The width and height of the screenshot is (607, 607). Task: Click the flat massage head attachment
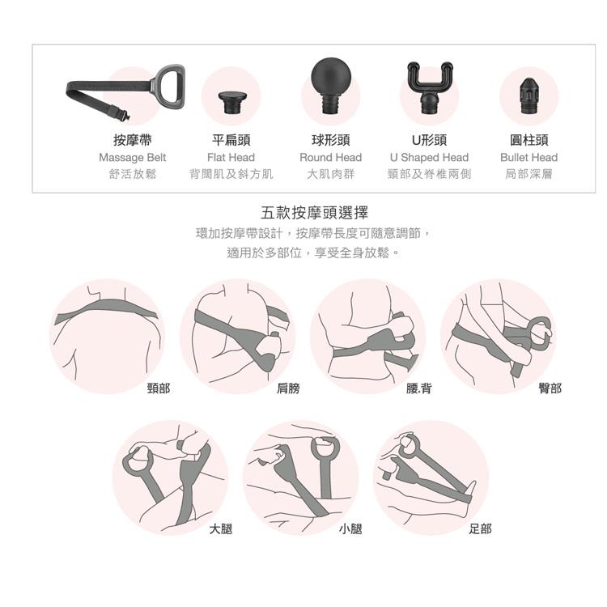click(231, 102)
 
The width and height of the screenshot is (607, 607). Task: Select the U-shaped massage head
click(429, 87)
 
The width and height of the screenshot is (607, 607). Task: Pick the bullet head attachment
click(528, 96)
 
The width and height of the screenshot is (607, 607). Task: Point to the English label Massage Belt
click(133, 158)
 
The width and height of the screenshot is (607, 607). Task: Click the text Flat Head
click(231, 157)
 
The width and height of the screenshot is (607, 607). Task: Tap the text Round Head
click(330, 157)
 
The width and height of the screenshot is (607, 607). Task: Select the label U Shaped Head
click(429, 158)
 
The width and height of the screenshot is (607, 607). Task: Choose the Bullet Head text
click(528, 157)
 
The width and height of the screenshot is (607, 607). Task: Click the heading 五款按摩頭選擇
click(314, 213)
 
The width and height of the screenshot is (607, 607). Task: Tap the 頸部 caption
click(159, 388)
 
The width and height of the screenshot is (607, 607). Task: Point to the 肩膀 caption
click(288, 388)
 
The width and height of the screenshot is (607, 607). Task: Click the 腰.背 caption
click(418, 388)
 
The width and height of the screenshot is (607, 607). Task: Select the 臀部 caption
click(550, 388)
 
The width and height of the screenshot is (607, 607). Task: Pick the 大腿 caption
click(221, 528)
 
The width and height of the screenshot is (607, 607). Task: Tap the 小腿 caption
click(350, 528)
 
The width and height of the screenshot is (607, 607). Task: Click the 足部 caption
click(481, 528)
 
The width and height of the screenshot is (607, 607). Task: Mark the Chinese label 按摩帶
click(133, 140)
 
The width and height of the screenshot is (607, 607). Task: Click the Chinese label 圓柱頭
click(528, 140)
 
